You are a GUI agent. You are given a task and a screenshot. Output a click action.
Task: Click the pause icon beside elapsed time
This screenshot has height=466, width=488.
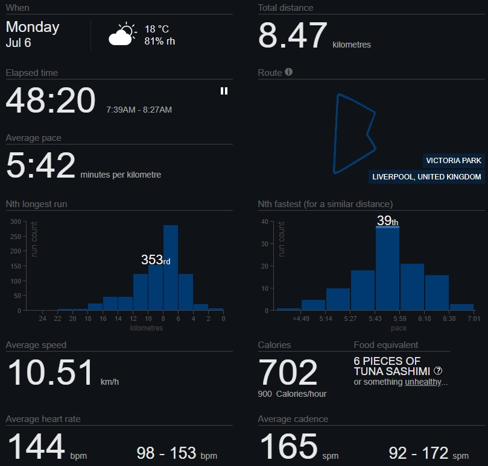point(224,91)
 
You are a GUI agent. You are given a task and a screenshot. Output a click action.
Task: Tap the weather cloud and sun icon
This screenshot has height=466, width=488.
point(122,34)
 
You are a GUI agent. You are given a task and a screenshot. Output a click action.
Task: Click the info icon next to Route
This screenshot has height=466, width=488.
point(288,72)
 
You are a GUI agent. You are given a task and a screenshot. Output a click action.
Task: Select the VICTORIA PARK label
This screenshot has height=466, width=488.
point(454,161)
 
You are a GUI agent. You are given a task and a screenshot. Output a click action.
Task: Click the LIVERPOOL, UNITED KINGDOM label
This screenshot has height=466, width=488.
point(426,177)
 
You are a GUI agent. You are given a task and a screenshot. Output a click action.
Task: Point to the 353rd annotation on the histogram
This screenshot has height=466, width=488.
point(156,259)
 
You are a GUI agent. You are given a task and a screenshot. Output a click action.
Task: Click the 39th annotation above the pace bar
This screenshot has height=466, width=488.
point(387,220)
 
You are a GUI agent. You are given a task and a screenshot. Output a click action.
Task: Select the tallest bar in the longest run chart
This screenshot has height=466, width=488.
point(171,267)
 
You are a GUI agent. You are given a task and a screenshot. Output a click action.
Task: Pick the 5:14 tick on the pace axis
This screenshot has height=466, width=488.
point(326,318)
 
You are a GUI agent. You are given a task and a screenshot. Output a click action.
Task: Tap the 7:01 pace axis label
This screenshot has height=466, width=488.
point(474,318)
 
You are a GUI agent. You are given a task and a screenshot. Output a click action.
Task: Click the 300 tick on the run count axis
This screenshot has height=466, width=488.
point(16,222)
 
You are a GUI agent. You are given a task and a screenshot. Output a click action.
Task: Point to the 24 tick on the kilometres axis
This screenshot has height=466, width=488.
point(42,318)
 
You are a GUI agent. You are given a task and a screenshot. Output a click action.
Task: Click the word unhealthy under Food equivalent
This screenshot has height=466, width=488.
point(423,382)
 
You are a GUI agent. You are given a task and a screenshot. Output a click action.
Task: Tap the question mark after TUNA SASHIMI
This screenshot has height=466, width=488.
point(438,371)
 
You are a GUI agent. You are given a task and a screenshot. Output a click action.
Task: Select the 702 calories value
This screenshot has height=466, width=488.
point(288,372)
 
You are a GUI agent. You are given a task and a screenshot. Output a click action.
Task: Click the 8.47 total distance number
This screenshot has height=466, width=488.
point(293,35)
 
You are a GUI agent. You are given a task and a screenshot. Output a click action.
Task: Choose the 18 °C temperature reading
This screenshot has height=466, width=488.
point(157,30)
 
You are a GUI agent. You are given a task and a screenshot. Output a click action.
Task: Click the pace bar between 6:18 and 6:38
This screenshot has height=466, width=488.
point(437,293)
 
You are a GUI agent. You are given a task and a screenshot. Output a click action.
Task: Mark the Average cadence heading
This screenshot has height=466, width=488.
point(293,419)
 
